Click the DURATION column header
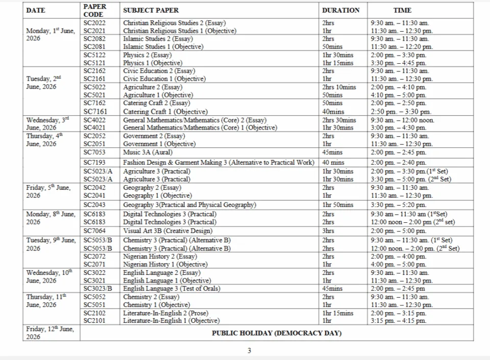click(x=340, y=10)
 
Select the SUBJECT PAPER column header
click(x=151, y=10)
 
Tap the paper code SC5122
click(x=94, y=55)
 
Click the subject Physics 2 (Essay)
click(x=147, y=55)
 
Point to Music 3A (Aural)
click(x=148, y=152)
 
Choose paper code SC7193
click(x=94, y=163)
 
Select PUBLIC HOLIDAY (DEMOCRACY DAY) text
click(x=277, y=333)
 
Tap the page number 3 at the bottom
click(x=249, y=350)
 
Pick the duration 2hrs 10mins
click(x=339, y=87)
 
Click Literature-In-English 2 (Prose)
click(x=165, y=313)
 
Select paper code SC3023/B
click(x=97, y=289)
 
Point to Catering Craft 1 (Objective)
click(x=158, y=112)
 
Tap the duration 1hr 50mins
click(x=337, y=205)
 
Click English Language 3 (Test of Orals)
click(x=171, y=289)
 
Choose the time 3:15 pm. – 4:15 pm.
click(x=398, y=321)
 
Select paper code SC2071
click(x=94, y=265)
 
